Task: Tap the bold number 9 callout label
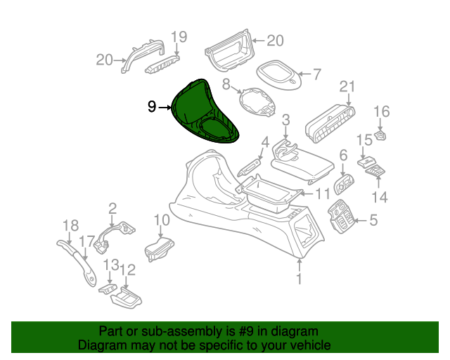152,107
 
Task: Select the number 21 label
347,86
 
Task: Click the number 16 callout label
382,111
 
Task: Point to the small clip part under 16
380,135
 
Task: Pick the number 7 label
316,75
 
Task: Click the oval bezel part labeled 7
278,74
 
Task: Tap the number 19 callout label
179,37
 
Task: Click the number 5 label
373,221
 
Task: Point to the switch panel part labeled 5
342,217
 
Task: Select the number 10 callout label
162,220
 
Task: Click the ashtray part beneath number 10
159,250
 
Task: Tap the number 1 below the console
299,278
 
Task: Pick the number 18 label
70,226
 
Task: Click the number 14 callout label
380,197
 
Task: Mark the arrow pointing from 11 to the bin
307,194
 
